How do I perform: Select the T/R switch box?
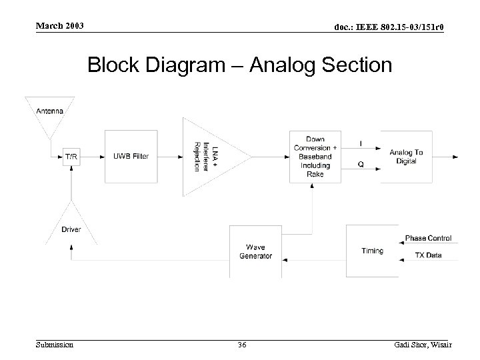pyautogui.click(x=71, y=157)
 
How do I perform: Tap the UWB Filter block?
pyautogui.click(x=130, y=157)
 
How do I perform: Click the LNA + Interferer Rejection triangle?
pyautogui.click(x=210, y=157)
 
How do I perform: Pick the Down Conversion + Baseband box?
pyautogui.click(x=315, y=157)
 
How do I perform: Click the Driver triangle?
pyautogui.click(x=71, y=223)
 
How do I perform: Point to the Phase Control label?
pyautogui.click(x=428, y=238)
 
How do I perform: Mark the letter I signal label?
pyautogui.click(x=361, y=143)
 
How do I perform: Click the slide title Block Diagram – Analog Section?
pyautogui.click(x=240, y=65)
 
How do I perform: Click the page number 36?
pyautogui.click(x=242, y=345)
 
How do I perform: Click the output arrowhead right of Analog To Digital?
pyautogui.click(x=455, y=157)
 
